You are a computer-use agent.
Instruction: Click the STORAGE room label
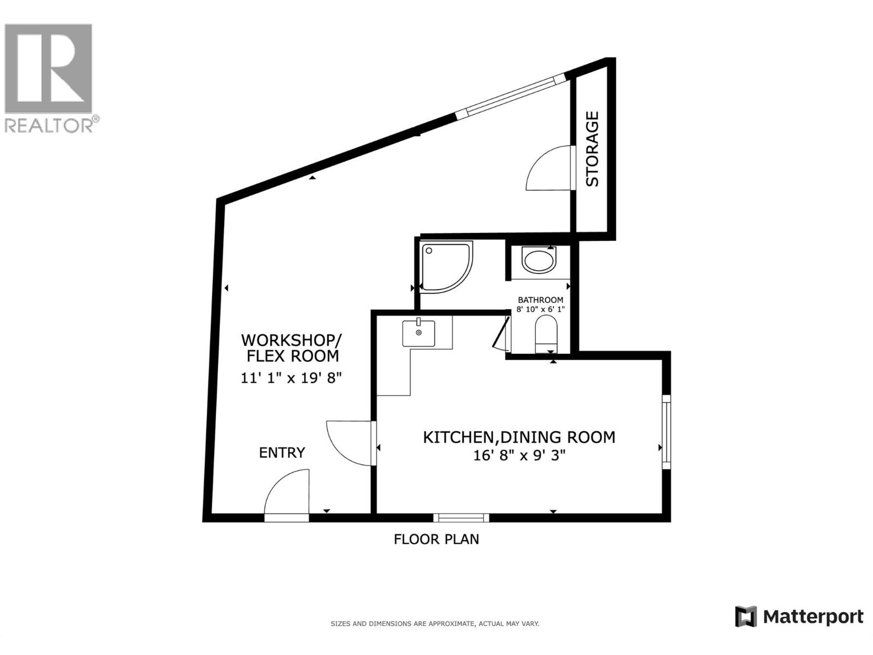pos(593,148)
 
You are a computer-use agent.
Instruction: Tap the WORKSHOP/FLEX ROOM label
pos(291,348)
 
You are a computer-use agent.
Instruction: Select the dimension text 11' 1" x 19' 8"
pos(291,378)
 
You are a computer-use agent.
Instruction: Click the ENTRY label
pos(282,452)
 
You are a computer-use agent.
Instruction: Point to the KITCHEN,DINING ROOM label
pos(519,437)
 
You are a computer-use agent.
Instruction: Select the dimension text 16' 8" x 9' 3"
pos(519,455)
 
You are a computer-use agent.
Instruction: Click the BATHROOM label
pos(540,300)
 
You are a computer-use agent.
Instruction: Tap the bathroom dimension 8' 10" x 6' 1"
pos(540,309)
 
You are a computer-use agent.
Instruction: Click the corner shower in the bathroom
pos(445,266)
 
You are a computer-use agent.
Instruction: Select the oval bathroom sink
pos(539,260)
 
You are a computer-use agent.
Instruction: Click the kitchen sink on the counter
pos(418,333)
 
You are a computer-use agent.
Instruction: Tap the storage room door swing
pos(550,169)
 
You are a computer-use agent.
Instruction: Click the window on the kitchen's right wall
pos(666,432)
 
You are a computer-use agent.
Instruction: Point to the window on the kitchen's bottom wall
pos(461,517)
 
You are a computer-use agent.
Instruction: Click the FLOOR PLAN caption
pos(436,539)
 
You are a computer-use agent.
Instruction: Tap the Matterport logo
pos(799,617)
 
